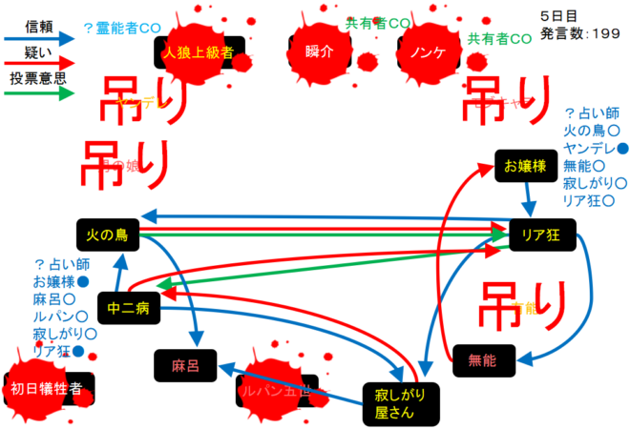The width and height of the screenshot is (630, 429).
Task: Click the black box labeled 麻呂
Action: click(x=184, y=364)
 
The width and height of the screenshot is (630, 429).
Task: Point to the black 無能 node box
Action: click(x=483, y=359)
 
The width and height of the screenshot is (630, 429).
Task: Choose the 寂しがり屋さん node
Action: click(x=393, y=402)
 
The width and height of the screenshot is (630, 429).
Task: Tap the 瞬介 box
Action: click(x=321, y=51)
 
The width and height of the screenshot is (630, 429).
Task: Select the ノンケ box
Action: click(x=427, y=51)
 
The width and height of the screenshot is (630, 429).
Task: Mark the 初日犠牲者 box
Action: click(x=52, y=388)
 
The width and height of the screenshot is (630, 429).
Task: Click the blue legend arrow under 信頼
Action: click(x=38, y=39)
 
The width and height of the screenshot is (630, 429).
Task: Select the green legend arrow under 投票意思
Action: click(x=38, y=94)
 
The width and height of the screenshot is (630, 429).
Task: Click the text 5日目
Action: click(x=558, y=17)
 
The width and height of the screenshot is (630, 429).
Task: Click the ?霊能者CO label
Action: click(x=122, y=29)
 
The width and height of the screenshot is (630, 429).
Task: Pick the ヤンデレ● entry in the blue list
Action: click(x=596, y=148)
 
